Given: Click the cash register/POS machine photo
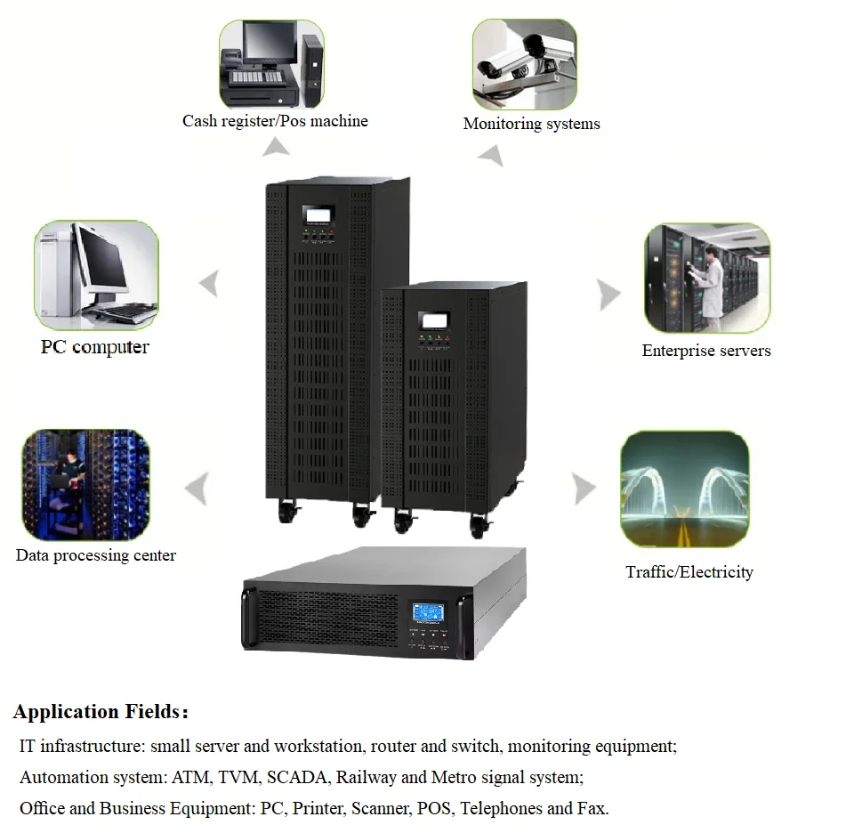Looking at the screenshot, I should click(271, 64).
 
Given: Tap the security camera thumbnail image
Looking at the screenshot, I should click(524, 64).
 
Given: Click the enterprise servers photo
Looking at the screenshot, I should click(707, 279).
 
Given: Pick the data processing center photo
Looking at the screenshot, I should click(85, 485).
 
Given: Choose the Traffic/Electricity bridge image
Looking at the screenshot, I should click(684, 489).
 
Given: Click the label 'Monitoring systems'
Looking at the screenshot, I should click(531, 124).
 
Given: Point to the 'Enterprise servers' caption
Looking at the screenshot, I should click(706, 351).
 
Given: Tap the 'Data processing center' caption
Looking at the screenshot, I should click(96, 555).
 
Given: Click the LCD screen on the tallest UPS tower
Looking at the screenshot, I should click(318, 215).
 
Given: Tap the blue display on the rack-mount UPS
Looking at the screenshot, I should click(429, 613).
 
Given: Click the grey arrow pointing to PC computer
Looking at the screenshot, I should click(208, 284).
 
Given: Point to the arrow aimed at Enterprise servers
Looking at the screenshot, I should click(608, 294).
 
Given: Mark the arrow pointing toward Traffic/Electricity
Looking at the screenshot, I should click(583, 488).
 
